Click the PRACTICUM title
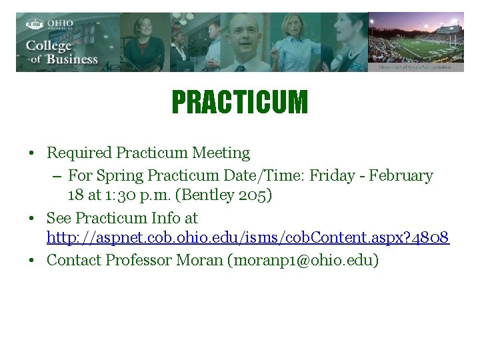tap(240, 103)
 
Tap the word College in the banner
tap(48, 45)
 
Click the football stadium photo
tap(416, 41)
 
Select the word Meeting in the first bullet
tap(221, 153)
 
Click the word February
tap(401, 175)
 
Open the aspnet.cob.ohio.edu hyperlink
tap(248, 237)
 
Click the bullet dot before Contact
tap(33, 260)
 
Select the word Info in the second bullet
tap(168, 218)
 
